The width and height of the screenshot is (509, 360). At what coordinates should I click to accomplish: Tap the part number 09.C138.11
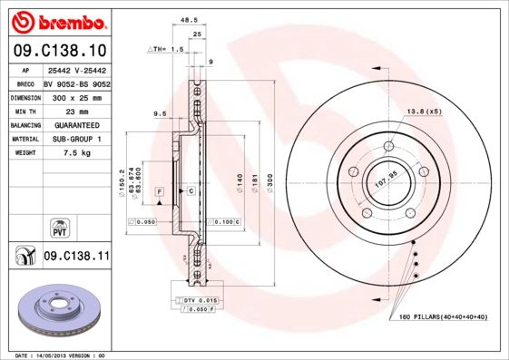pos(76,258)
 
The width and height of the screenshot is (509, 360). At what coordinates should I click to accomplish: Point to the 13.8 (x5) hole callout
pos(424,111)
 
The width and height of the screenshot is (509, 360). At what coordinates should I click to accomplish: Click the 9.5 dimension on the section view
pos(160,113)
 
